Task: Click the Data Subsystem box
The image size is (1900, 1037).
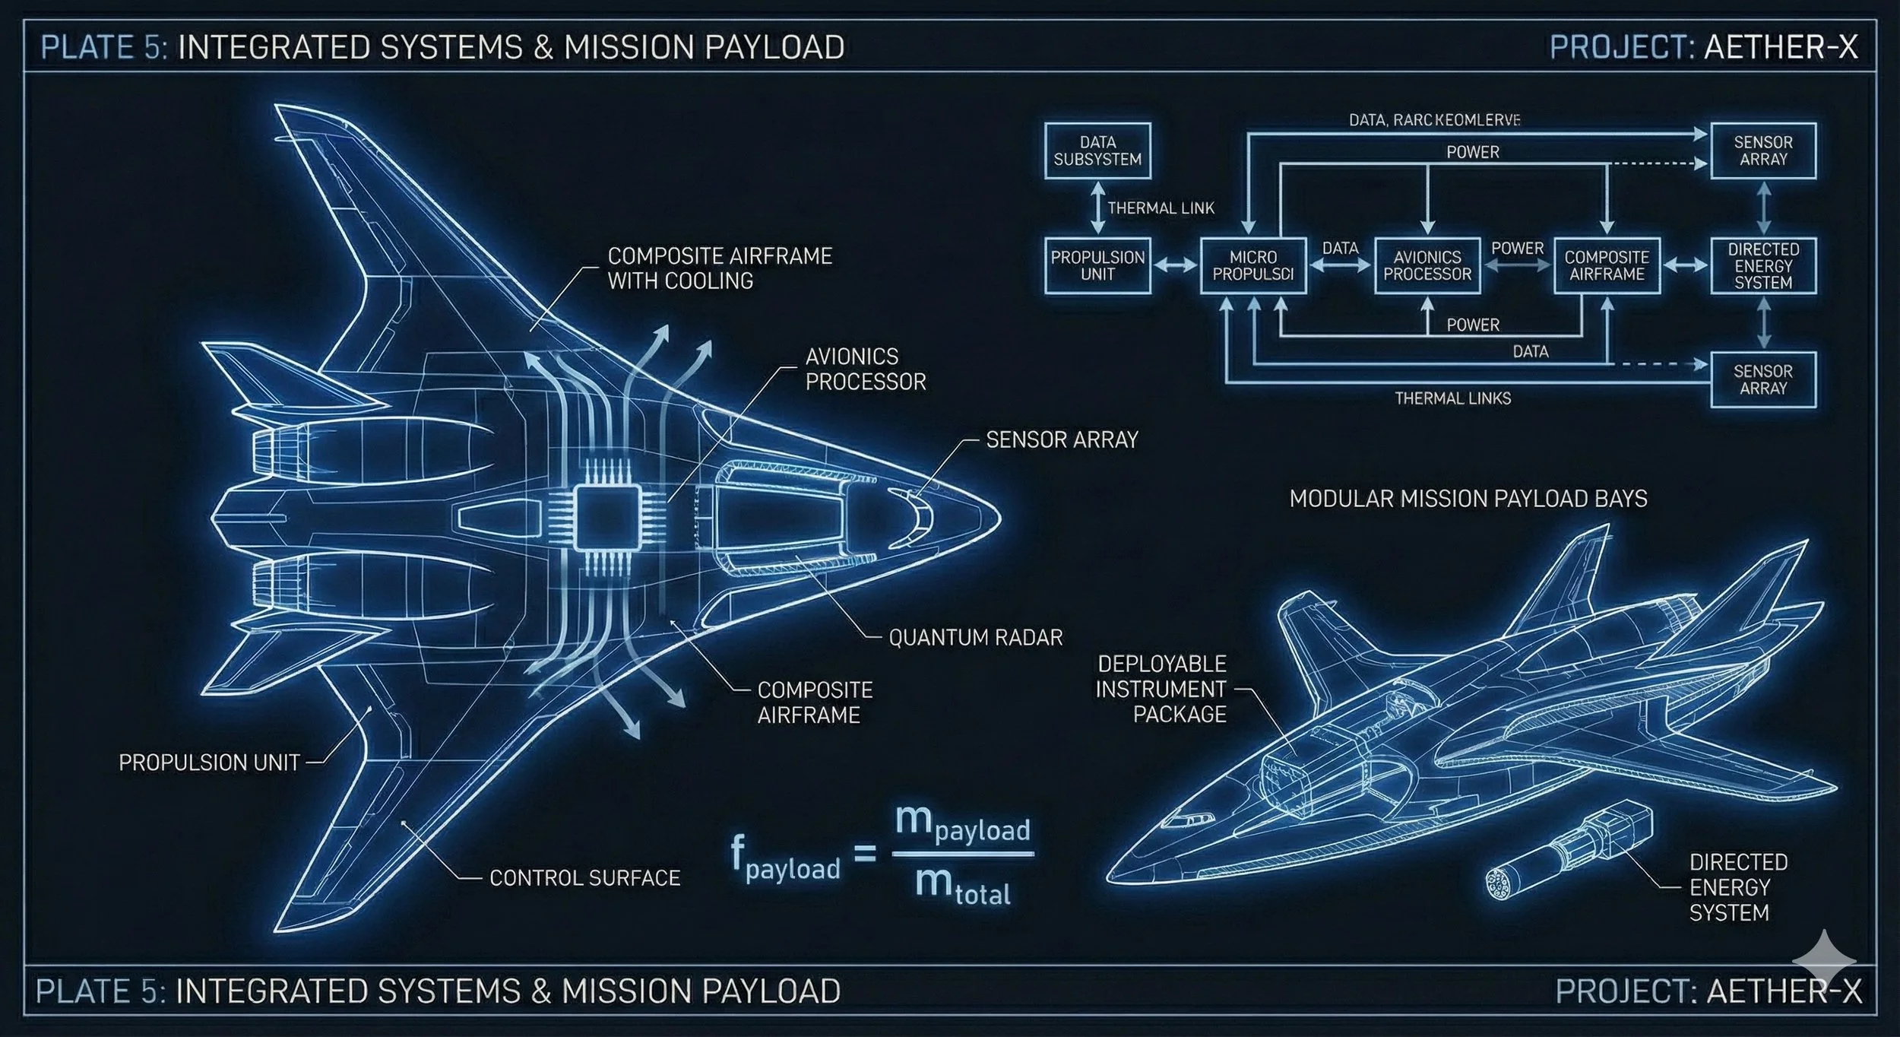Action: coord(1097,151)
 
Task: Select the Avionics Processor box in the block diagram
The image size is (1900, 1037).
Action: coord(1427,265)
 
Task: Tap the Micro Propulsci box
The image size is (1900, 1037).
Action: coord(1252,265)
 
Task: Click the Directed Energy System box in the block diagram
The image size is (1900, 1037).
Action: coord(1763,265)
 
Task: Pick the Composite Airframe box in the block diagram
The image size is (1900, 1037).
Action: coord(1607,265)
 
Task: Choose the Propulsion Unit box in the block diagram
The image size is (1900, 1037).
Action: coord(1097,265)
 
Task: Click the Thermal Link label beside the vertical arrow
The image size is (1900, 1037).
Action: coord(1161,208)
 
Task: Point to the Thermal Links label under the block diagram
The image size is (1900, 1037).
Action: coord(1452,398)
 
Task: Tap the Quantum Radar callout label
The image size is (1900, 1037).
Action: coord(975,637)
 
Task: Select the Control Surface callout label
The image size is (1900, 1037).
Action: coord(584,878)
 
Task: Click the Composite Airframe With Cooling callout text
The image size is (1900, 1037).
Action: coord(719,268)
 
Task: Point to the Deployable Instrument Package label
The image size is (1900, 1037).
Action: coord(1161,689)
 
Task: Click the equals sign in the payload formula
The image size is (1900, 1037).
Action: coord(865,853)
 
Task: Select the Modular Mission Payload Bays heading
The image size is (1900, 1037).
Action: coord(1468,499)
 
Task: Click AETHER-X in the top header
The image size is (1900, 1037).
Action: coord(1781,47)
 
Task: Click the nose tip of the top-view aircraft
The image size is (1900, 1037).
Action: coord(999,518)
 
